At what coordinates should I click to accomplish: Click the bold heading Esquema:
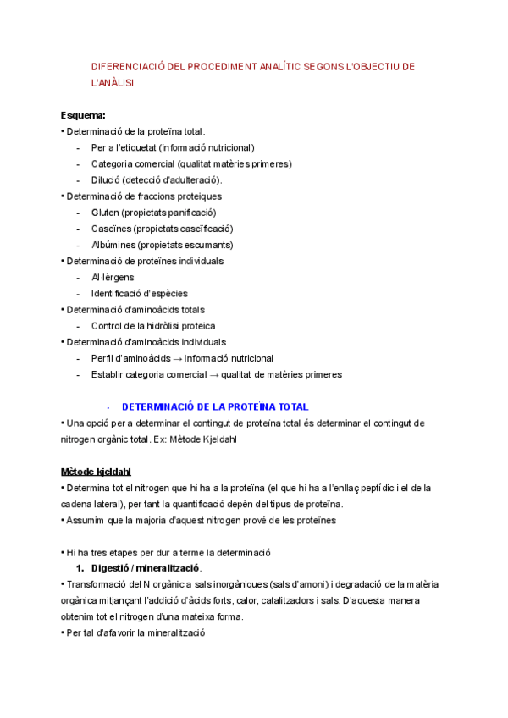click(x=83, y=115)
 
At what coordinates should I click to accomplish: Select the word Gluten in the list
click(x=105, y=213)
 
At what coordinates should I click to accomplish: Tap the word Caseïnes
click(x=111, y=229)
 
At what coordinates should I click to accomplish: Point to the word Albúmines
click(x=113, y=245)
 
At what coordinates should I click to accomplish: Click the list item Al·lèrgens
click(x=113, y=278)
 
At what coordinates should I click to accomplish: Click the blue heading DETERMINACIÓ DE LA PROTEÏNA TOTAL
click(x=216, y=407)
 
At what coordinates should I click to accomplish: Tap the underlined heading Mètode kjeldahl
click(x=96, y=472)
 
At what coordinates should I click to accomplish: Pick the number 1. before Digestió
click(x=81, y=568)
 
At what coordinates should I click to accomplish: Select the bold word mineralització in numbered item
click(x=168, y=568)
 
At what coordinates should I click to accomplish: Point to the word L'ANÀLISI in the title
click(x=113, y=83)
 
